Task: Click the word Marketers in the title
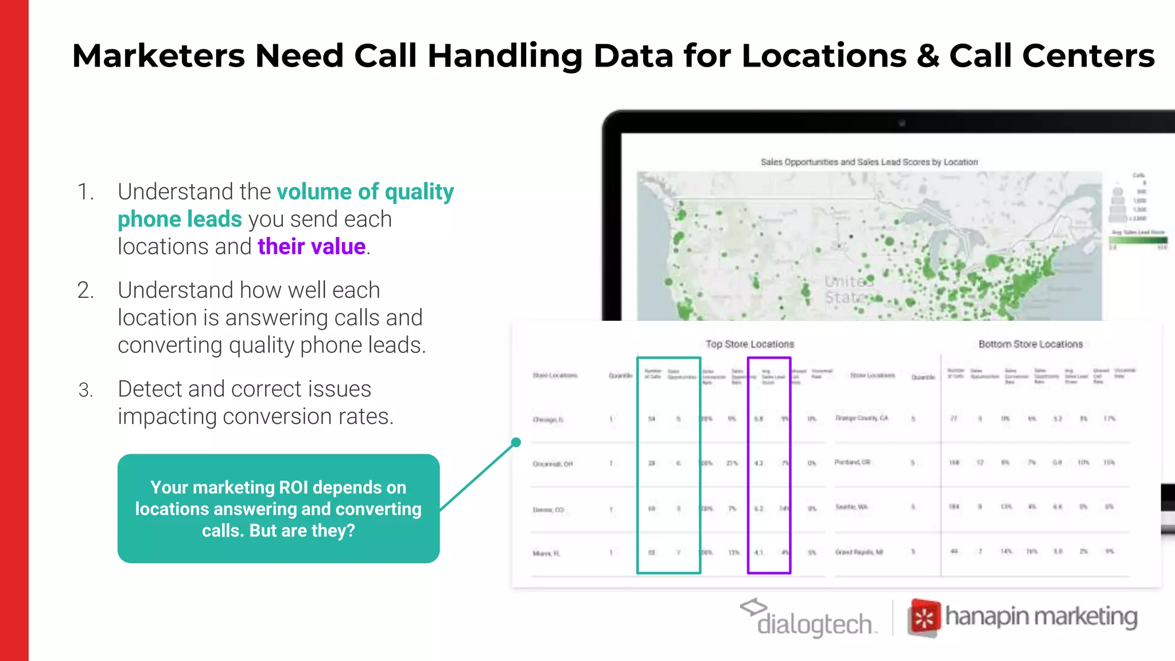(158, 56)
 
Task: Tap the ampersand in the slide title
(928, 56)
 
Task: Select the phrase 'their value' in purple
(312, 247)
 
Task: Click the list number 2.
(85, 290)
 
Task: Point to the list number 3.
(85, 390)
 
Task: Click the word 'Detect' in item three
(150, 389)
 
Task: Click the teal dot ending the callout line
(516, 442)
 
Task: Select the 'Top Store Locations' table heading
(749, 344)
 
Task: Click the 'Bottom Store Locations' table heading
(1030, 344)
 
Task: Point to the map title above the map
(869, 162)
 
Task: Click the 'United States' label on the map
(849, 289)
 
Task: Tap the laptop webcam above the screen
(901, 123)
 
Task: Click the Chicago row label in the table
(548, 420)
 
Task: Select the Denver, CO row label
(548, 510)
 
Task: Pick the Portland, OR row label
(852, 462)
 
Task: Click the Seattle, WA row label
(851, 507)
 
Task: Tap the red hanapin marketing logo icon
(924, 618)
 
